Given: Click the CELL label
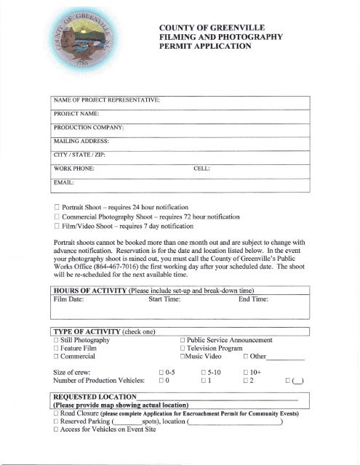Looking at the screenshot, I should (x=201, y=169).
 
